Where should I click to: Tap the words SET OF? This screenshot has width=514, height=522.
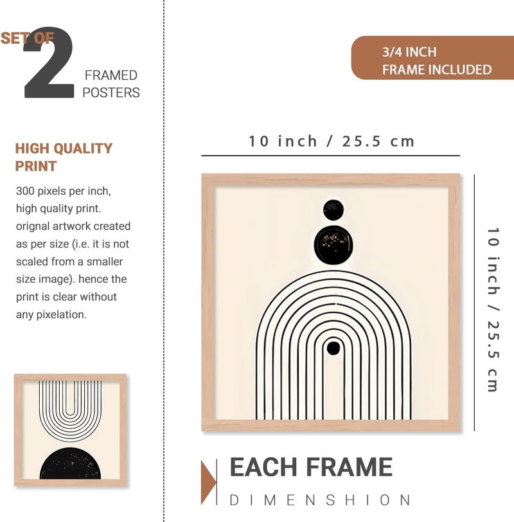(27, 39)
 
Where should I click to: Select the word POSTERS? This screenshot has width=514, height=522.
(111, 93)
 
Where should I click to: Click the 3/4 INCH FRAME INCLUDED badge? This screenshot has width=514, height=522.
(432, 58)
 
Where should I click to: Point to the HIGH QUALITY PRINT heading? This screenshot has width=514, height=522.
(64, 157)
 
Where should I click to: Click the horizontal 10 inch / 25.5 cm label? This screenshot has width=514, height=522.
(332, 141)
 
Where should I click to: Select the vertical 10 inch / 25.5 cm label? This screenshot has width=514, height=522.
(493, 310)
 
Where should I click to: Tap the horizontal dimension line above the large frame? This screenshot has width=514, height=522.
(331, 156)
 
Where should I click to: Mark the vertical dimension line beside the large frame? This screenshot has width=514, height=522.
(474, 302)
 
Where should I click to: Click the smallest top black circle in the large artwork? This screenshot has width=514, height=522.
(333, 210)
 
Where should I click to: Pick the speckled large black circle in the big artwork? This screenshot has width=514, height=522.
(333, 244)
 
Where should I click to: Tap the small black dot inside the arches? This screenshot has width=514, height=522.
(333, 348)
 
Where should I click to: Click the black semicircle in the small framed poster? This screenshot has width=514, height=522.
(70, 464)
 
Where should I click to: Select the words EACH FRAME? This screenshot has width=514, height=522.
(311, 467)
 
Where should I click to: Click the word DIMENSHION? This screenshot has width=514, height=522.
(320, 500)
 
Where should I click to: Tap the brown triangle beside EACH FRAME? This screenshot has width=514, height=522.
(208, 482)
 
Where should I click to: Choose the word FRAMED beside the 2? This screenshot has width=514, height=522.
(111, 75)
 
